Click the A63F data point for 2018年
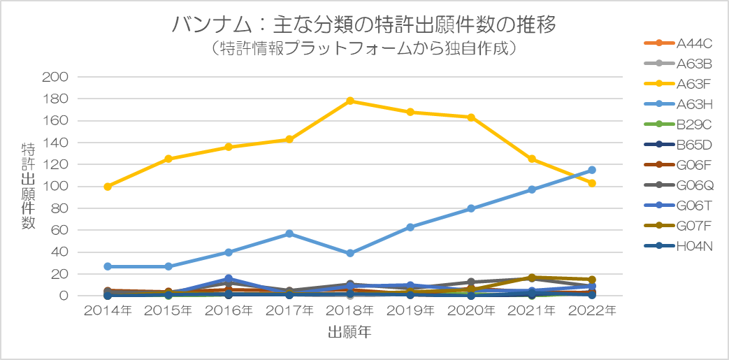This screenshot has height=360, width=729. [x=350, y=101]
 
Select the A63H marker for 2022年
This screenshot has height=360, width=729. [x=592, y=171]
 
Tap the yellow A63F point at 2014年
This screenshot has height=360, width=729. [x=108, y=187]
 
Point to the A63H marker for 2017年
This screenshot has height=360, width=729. [x=289, y=233]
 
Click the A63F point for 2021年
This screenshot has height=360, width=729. [x=532, y=159]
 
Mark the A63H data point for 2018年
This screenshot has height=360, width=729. [x=350, y=253]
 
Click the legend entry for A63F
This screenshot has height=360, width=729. [x=678, y=84]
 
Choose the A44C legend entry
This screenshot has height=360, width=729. [x=678, y=44]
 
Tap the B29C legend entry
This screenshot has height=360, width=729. [x=678, y=124]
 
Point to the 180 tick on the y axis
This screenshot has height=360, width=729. [x=55, y=99]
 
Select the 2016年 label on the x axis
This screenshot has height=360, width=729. [x=229, y=310]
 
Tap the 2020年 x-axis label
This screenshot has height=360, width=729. [x=471, y=310]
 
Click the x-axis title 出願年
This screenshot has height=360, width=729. [x=349, y=332]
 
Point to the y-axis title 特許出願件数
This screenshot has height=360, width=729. [x=28, y=186]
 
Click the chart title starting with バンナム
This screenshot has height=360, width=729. [x=364, y=24]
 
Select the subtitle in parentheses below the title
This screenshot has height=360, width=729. [x=364, y=48]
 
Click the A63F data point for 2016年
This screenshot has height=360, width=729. [x=229, y=147]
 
